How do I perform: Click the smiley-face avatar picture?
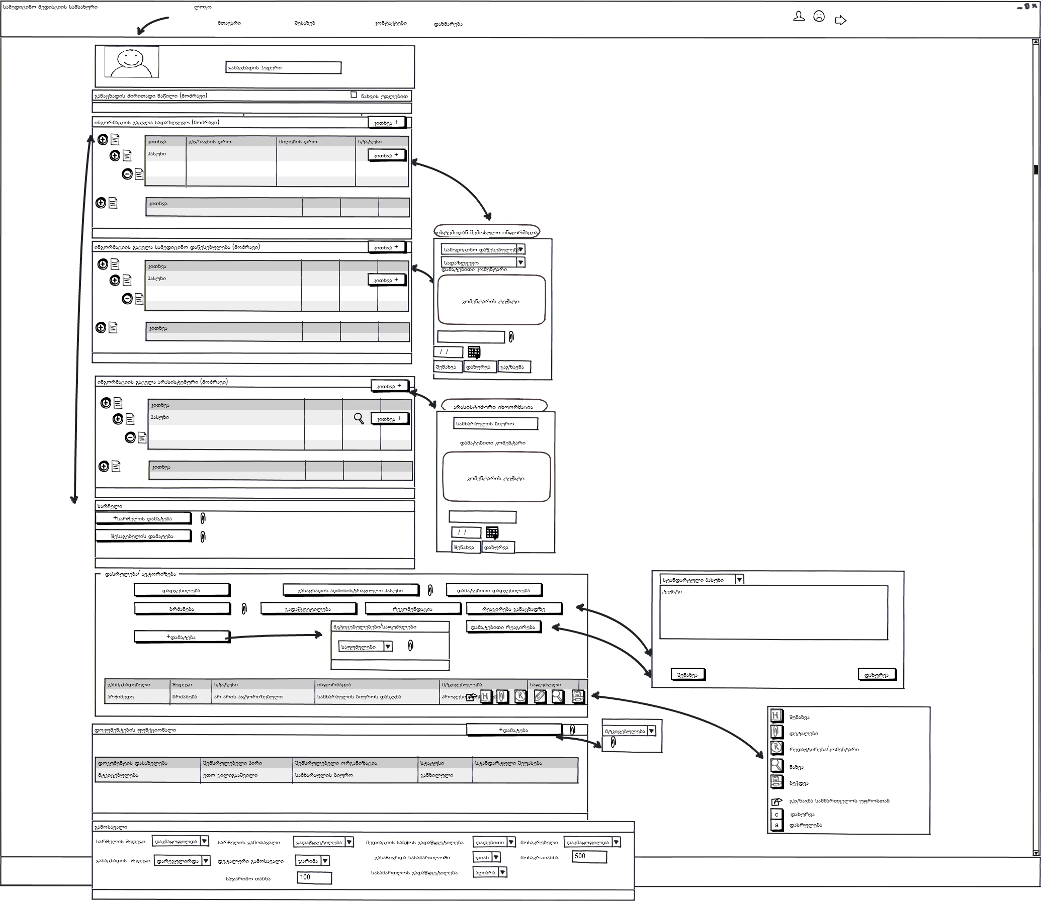click(132, 62)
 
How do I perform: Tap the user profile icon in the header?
click(799, 17)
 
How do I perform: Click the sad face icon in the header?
click(819, 17)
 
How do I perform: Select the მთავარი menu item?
click(229, 23)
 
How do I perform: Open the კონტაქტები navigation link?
click(391, 23)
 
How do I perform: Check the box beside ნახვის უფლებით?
click(354, 95)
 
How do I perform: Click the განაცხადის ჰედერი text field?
click(283, 68)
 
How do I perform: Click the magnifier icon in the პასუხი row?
click(359, 418)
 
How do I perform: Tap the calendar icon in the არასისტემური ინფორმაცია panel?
click(492, 532)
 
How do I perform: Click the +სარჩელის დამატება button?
click(143, 518)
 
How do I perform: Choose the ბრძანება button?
click(182, 609)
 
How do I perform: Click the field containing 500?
click(589, 856)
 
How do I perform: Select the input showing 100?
click(314, 877)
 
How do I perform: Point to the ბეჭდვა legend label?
click(799, 783)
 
